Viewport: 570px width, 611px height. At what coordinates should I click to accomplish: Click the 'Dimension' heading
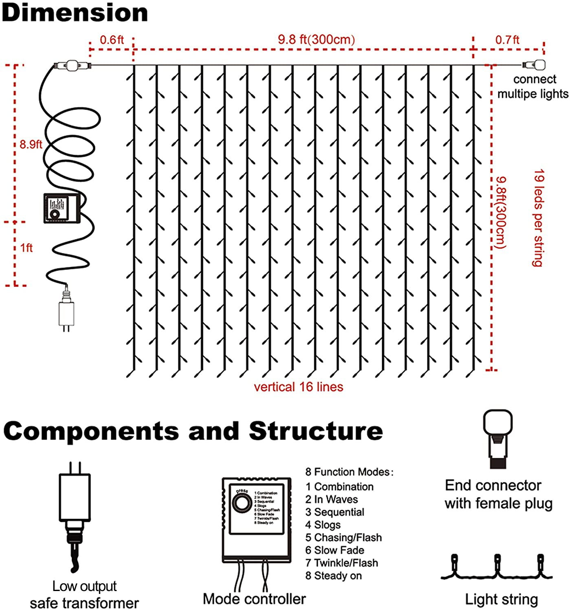click(75, 13)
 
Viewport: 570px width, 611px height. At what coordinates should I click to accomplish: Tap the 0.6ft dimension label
click(111, 40)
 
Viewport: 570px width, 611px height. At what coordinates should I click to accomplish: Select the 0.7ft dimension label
click(507, 40)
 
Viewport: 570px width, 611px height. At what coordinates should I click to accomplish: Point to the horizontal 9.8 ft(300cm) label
click(316, 40)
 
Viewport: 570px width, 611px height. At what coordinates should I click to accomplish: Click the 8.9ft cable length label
click(31, 145)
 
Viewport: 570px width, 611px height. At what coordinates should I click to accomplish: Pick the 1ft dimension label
click(26, 248)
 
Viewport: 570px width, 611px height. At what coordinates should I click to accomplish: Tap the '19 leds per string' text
click(539, 218)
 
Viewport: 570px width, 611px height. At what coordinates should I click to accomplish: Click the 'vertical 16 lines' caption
click(298, 387)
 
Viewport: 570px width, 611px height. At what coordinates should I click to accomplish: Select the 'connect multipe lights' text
click(533, 86)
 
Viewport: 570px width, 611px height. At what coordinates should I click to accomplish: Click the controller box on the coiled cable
click(62, 208)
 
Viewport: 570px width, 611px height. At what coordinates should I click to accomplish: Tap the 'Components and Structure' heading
click(193, 431)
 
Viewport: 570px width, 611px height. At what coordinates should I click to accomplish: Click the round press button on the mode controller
click(242, 503)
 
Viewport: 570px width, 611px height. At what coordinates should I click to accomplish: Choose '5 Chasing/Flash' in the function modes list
click(343, 538)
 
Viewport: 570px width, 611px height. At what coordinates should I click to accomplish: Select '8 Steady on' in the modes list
click(333, 576)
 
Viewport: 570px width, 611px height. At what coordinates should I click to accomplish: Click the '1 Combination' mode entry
click(339, 487)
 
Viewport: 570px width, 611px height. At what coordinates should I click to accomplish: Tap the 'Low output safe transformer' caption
click(84, 595)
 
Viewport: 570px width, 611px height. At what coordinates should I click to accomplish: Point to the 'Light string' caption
click(501, 600)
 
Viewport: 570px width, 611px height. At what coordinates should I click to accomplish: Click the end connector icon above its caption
click(497, 438)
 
